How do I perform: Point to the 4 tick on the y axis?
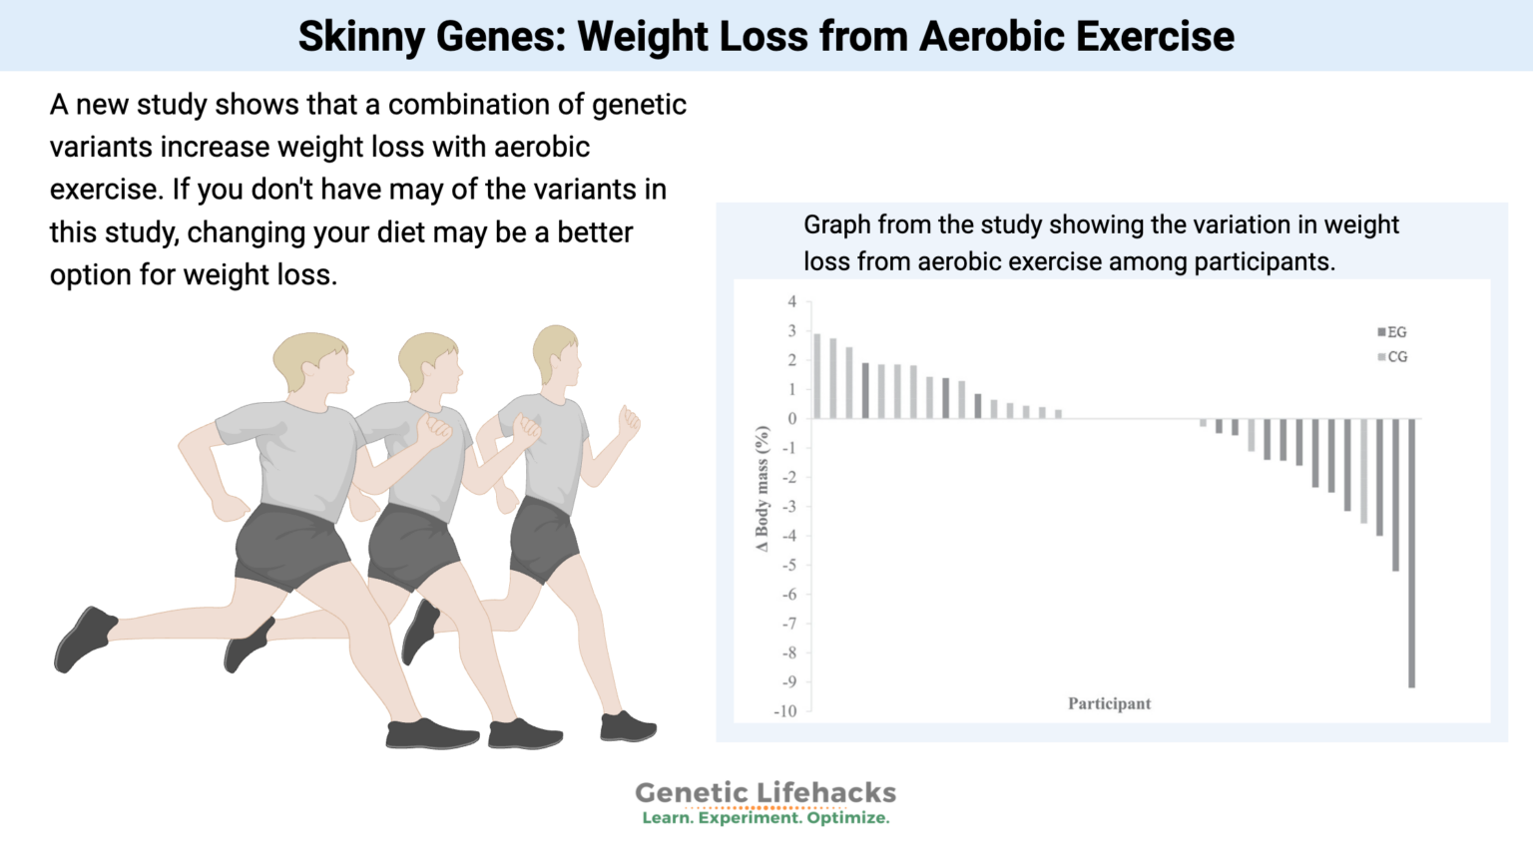792,301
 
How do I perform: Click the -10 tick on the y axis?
785,711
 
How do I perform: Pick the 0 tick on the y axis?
792,419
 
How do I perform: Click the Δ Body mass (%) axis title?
763,489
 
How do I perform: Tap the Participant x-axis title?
1109,703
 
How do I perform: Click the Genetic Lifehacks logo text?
766,792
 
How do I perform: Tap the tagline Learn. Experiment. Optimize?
766,818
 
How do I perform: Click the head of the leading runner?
556,354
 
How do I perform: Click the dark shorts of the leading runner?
543,539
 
